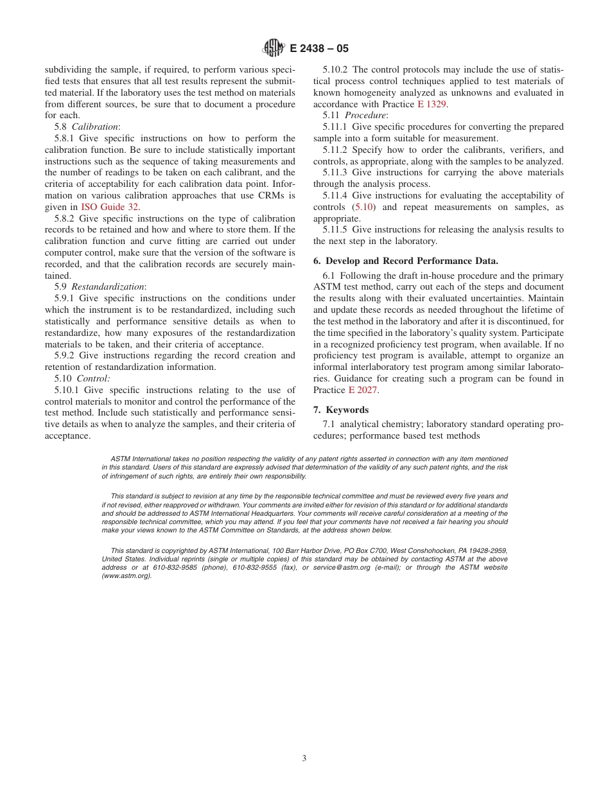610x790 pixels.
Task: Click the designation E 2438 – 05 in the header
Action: click(319, 49)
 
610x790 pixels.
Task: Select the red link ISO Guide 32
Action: click(109, 207)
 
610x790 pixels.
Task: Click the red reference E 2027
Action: click(363, 390)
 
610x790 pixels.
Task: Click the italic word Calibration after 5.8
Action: click(95, 127)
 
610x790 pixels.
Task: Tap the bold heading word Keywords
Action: click(347, 410)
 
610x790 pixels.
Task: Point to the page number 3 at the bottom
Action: click(304, 758)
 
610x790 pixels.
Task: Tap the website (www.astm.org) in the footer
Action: click(127, 576)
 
